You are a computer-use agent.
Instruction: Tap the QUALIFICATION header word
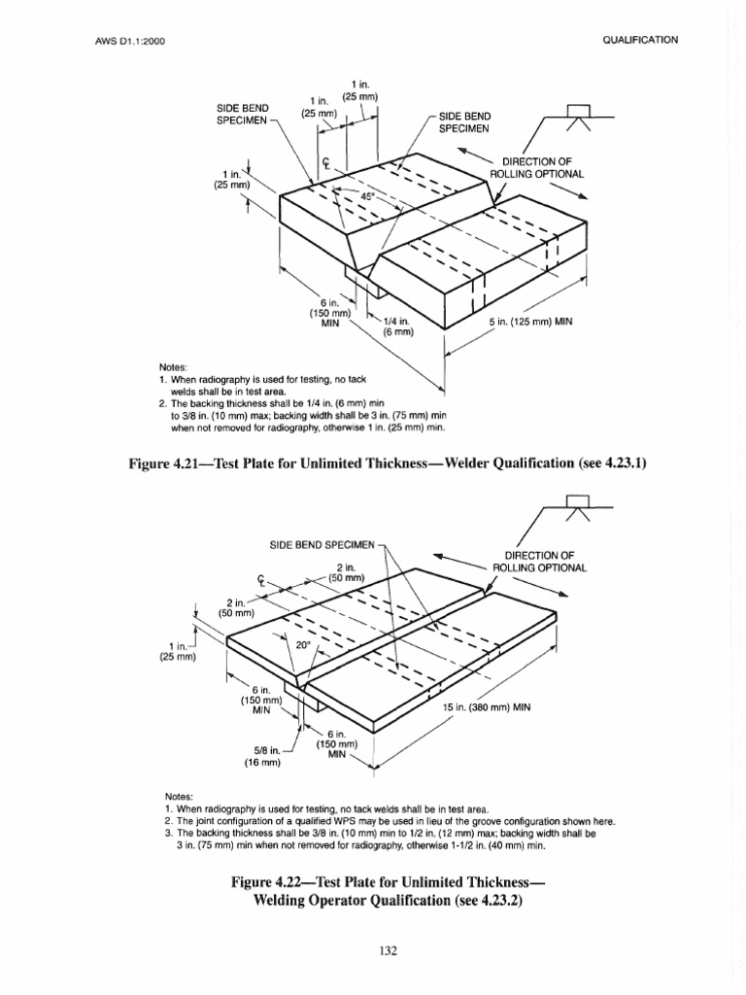click(x=640, y=40)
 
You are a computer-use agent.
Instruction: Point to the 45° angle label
click(x=368, y=195)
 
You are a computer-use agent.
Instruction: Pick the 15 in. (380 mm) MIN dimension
click(x=488, y=707)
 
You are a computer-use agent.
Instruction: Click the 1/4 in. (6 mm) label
click(x=396, y=326)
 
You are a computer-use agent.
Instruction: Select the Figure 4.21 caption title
click(x=387, y=464)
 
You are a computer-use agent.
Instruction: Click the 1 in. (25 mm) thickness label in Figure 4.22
click(x=178, y=650)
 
